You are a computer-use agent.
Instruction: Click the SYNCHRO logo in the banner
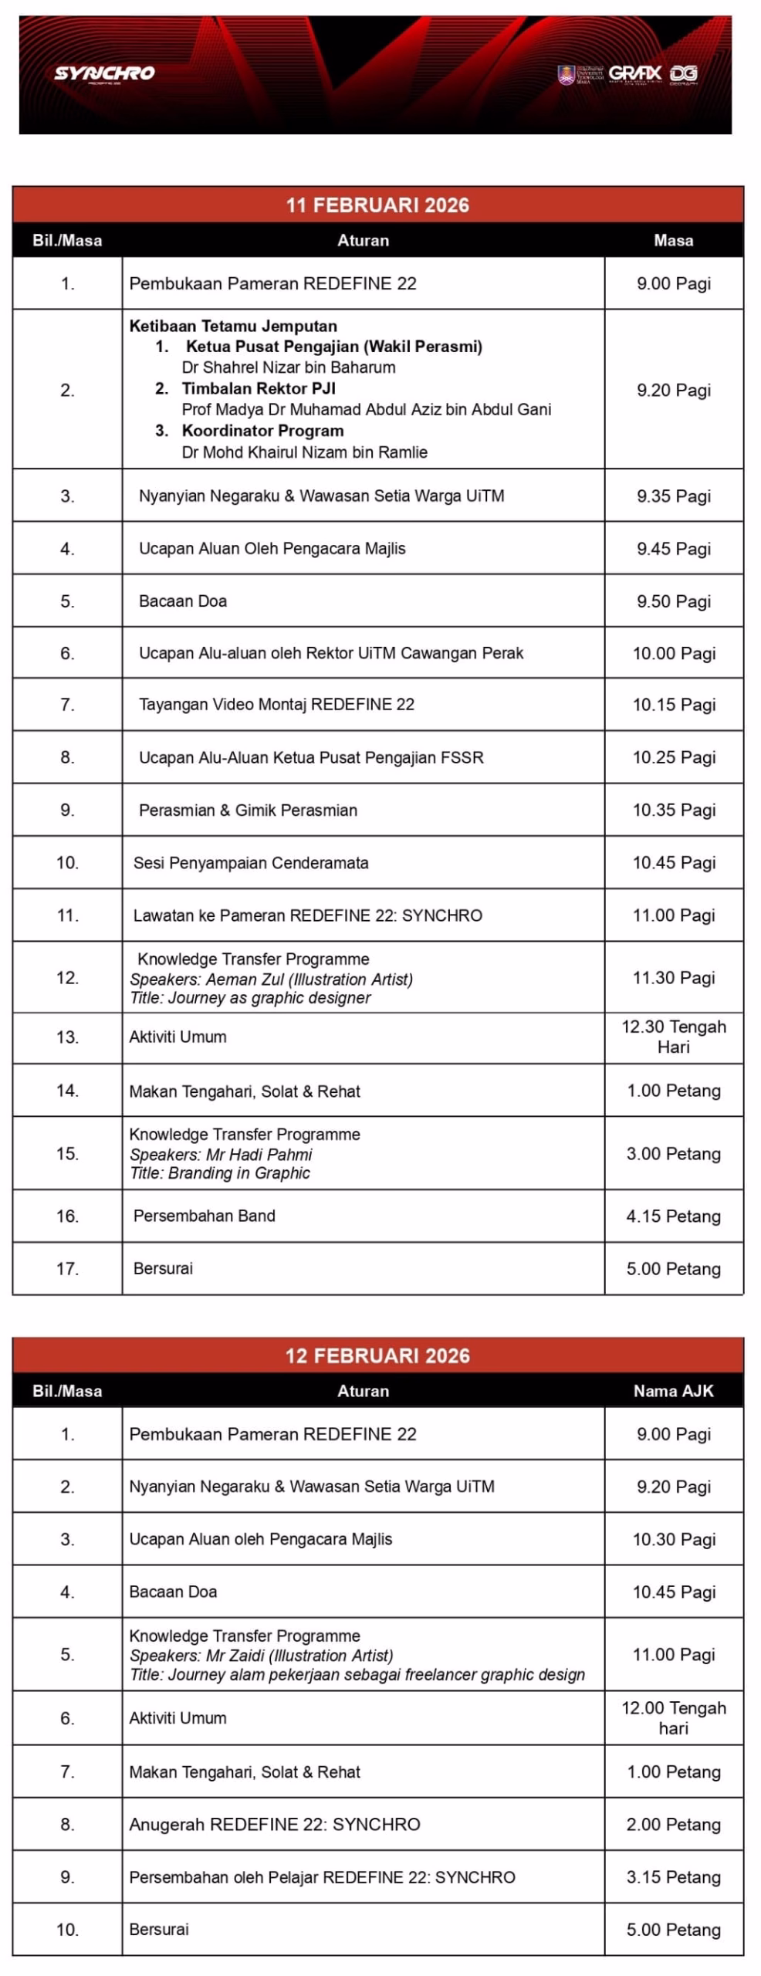pyautogui.click(x=104, y=73)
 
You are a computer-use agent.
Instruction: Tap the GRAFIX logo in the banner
pyautogui.click(x=634, y=73)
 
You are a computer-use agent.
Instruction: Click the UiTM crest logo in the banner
pyautogui.click(x=567, y=75)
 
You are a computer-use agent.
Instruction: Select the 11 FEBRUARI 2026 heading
pyautogui.click(x=377, y=205)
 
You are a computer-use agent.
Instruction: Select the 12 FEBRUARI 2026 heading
pyautogui.click(x=377, y=1355)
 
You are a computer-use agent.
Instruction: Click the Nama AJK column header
pyautogui.click(x=673, y=1391)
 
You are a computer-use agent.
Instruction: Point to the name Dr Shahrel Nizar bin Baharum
pyautogui.click(x=289, y=367)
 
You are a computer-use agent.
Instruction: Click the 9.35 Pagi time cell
pyautogui.click(x=673, y=496)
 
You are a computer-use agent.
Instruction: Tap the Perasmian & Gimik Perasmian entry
pyautogui.click(x=248, y=810)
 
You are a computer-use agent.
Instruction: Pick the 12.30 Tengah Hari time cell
pyautogui.click(x=673, y=1037)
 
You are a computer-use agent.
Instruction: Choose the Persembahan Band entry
pyautogui.click(x=204, y=1216)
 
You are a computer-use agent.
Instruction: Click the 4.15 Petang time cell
pyautogui.click(x=673, y=1216)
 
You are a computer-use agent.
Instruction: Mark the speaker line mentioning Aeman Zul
pyautogui.click(x=271, y=980)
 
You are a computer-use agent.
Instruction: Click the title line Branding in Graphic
pyautogui.click(x=220, y=1173)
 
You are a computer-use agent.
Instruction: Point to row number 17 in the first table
pyautogui.click(x=67, y=1268)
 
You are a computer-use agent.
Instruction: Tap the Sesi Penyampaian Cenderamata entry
pyautogui.click(x=251, y=863)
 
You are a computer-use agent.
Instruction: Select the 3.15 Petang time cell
pyautogui.click(x=673, y=1877)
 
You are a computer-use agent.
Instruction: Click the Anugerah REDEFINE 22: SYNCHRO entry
pyautogui.click(x=275, y=1825)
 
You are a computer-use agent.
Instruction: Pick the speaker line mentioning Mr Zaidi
pyautogui.click(x=262, y=1656)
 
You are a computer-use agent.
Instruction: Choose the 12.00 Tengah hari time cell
pyautogui.click(x=673, y=1718)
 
